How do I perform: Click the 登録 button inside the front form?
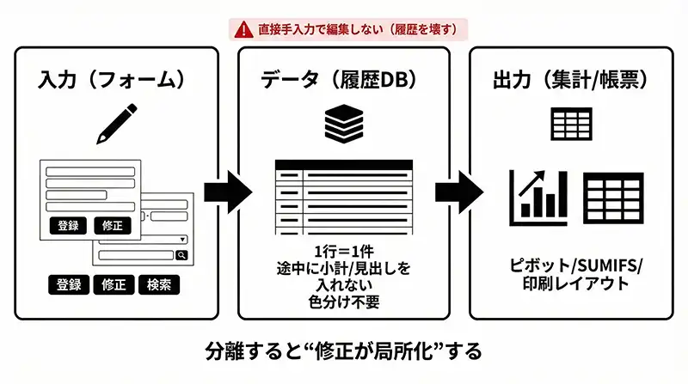[69, 226]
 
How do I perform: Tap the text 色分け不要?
[343, 302]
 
